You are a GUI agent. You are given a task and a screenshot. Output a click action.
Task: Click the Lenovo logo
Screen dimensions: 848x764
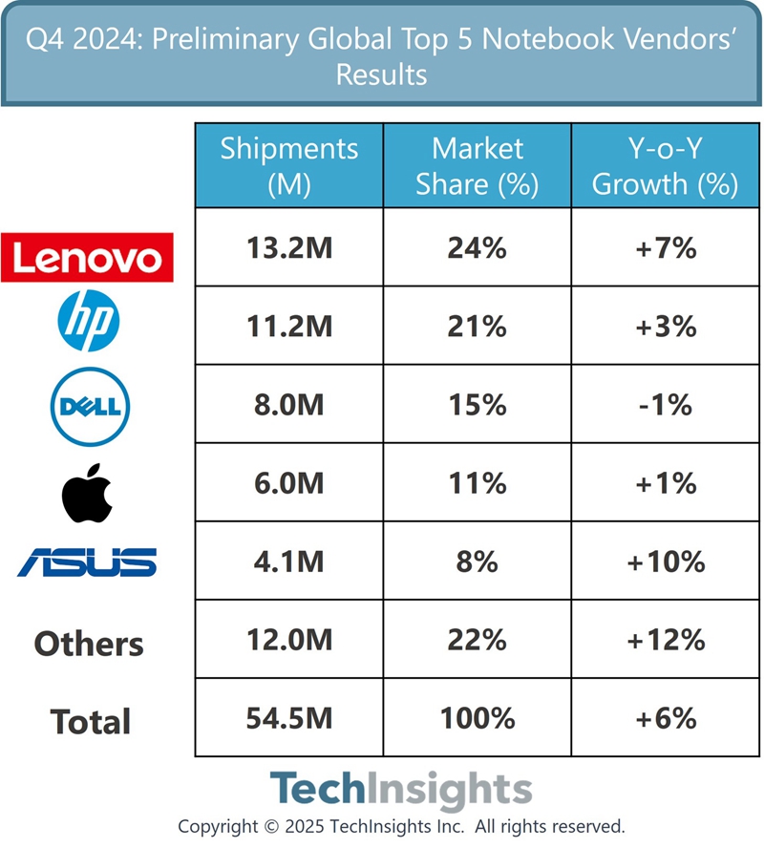[x=87, y=257]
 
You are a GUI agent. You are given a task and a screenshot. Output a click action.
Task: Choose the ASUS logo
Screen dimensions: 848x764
[x=87, y=562]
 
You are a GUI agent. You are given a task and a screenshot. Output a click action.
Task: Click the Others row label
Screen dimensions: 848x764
[x=89, y=644]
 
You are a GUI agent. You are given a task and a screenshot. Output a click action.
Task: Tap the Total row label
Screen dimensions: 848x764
[x=91, y=721]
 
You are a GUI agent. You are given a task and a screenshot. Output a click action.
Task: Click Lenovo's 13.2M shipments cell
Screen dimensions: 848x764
[x=289, y=248]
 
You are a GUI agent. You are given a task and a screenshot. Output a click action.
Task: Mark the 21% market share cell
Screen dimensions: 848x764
[x=477, y=327]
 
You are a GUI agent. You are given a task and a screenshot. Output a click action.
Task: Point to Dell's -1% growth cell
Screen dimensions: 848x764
[x=665, y=405]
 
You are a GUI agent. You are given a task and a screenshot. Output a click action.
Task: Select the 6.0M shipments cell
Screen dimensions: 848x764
[x=289, y=483]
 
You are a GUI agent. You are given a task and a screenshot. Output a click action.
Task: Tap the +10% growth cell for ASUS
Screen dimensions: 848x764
[x=665, y=562]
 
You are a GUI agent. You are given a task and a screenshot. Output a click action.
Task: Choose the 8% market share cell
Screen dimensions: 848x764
[x=477, y=562]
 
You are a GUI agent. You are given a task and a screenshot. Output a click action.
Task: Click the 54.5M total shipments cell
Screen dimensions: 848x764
[x=289, y=718]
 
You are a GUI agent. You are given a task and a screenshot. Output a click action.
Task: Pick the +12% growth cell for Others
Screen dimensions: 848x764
[x=665, y=640]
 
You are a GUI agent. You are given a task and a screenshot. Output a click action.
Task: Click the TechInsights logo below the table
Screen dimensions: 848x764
[x=400, y=791]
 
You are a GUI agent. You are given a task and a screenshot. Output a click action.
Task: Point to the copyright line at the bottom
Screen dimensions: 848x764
[x=400, y=826]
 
